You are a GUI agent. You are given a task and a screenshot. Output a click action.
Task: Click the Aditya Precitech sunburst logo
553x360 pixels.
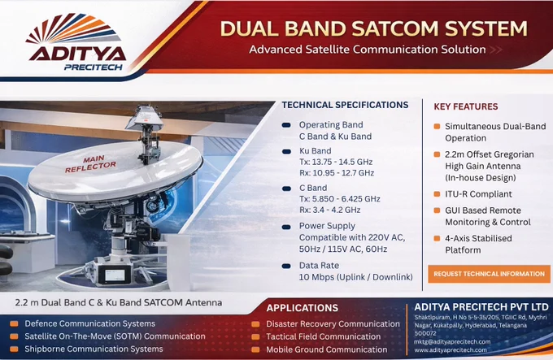(73, 29)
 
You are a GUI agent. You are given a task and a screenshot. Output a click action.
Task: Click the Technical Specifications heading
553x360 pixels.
(345, 105)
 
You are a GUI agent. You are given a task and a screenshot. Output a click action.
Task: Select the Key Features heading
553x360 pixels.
(465, 106)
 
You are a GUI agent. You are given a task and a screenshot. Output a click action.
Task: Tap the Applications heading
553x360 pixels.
(303, 308)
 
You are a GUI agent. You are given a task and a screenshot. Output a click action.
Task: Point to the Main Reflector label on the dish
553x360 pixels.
(90, 164)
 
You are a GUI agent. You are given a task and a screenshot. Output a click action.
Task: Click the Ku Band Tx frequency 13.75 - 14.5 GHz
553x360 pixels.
(336, 162)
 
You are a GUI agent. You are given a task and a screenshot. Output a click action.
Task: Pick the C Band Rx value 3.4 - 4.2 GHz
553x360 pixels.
(329, 210)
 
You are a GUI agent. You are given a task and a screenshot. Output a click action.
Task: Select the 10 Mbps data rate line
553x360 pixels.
(356, 277)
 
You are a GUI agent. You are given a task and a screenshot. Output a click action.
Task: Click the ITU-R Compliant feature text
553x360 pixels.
(478, 194)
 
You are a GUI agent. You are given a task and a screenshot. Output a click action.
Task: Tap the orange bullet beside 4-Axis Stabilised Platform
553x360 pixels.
(437, 238)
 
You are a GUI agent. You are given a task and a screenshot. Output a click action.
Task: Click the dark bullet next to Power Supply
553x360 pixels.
(286, 228)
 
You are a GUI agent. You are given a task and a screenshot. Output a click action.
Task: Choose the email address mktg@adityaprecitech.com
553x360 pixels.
(452, 341)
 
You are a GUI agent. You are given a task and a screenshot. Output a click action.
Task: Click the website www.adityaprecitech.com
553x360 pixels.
(451, 350)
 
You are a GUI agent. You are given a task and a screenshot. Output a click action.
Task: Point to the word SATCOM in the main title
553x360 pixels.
(395, 28)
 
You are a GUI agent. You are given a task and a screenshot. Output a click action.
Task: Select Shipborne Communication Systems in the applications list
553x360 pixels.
(94, 349)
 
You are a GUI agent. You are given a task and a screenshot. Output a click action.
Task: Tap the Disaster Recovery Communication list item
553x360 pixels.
(333, 323)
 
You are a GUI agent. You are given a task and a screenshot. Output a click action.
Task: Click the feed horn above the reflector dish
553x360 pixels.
(145, 117)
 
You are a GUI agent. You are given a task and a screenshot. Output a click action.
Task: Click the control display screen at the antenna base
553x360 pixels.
(115, 274)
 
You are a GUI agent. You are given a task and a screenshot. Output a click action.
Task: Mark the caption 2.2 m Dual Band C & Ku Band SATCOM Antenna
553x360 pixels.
(119, 302)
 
